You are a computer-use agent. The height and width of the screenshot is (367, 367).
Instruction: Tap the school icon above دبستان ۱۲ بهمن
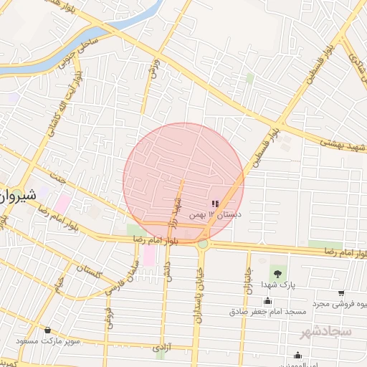216,204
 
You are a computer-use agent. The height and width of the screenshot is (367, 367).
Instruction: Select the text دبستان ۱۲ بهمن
215,215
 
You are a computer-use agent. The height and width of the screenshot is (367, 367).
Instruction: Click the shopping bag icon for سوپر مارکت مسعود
48,330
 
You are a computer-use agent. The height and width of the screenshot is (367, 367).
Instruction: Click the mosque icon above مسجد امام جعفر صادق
267,301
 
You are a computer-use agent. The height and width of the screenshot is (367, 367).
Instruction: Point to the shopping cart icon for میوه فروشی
340,293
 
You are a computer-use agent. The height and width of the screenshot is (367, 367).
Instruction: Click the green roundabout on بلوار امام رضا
203,244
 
